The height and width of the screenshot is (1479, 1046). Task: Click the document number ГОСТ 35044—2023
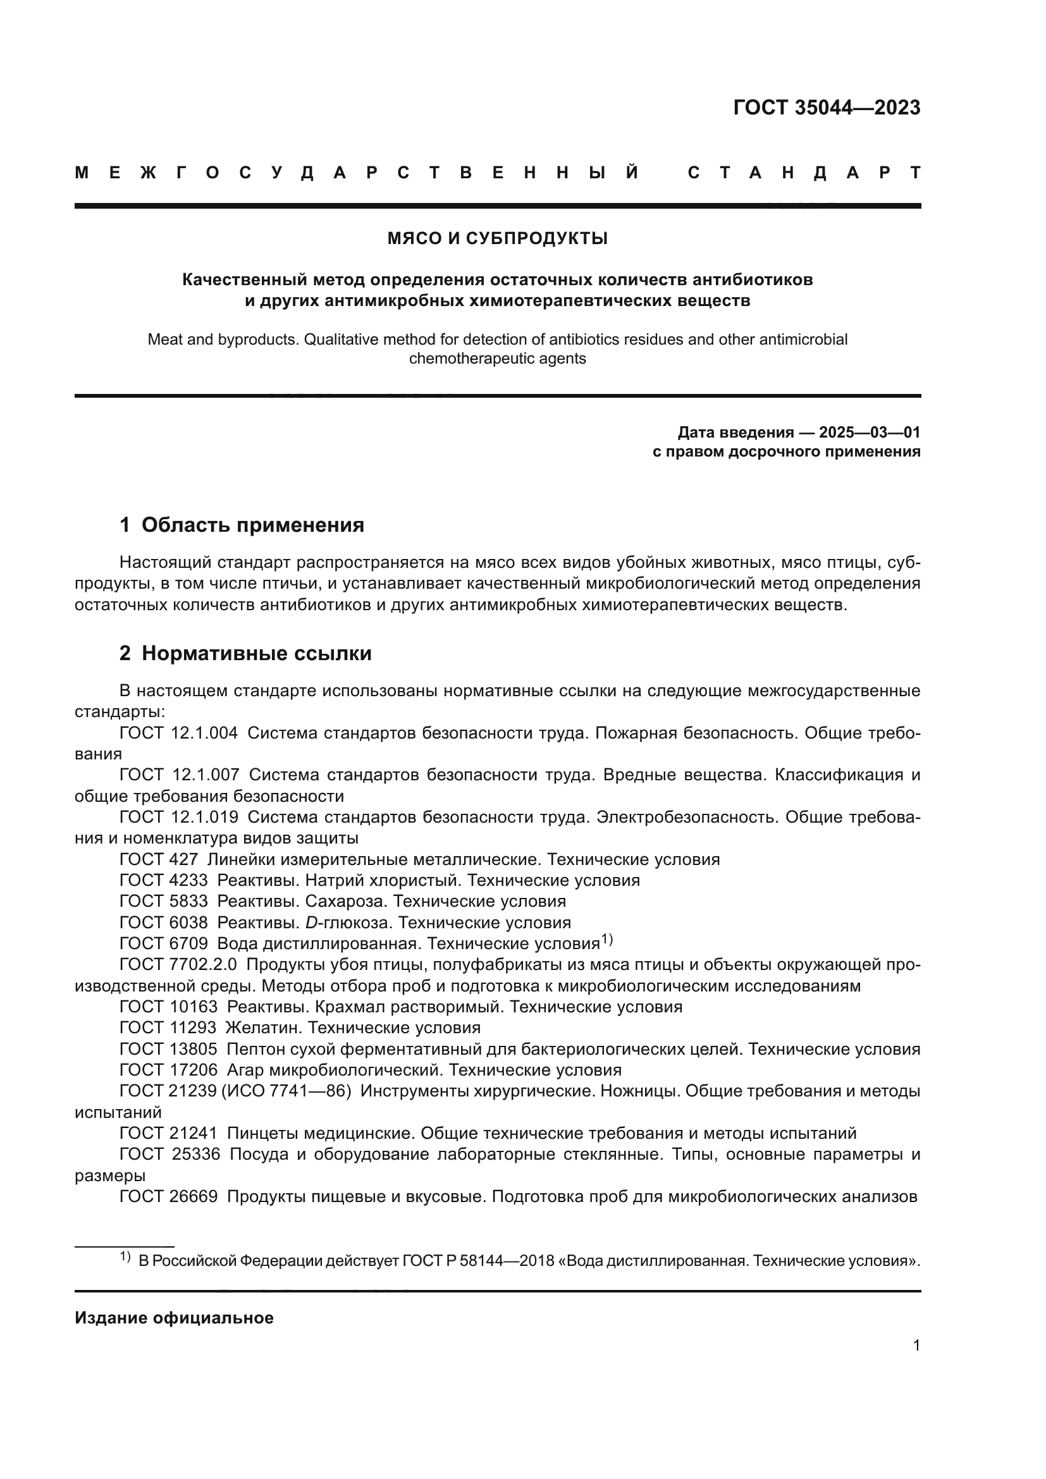coord(827,107)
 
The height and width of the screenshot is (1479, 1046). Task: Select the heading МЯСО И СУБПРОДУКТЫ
coord(497,239)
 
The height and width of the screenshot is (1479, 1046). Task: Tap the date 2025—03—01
coord(869,433)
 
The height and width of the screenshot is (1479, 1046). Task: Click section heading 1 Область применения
coord(242,525)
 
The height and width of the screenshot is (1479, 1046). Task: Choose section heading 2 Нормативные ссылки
coord(245,653)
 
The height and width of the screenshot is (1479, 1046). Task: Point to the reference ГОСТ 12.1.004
coord(178,733)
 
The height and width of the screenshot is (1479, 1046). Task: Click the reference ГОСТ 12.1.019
coord(178,818)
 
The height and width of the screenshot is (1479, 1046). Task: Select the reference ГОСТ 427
coord(159,859)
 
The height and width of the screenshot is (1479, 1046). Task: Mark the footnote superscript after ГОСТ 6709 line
coord(606,940)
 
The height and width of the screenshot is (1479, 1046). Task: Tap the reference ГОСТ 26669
coord(169,1196)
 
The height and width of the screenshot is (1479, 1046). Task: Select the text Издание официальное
coord(174,1318)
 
